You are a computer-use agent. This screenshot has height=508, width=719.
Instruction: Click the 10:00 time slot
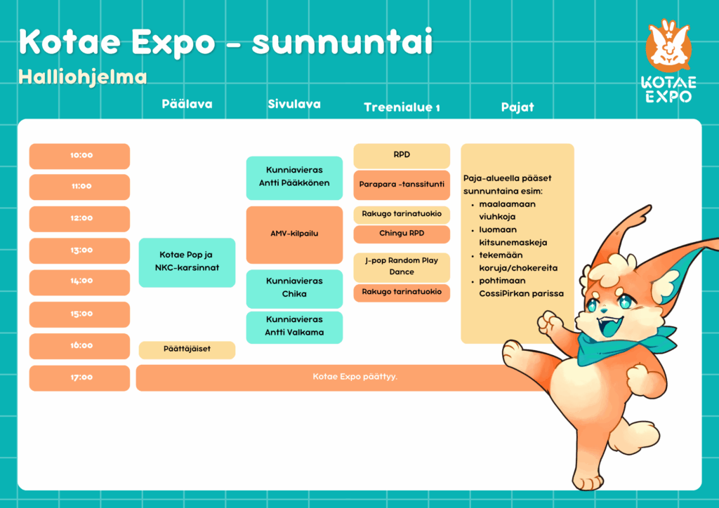(80, 156)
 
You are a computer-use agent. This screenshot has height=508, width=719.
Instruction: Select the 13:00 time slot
(80, 250)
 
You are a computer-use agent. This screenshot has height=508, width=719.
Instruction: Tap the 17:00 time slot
(80, 378)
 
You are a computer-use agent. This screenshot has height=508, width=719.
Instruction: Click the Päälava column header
(187, 105)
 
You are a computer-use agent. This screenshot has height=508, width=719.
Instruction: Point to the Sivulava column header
(294, 105)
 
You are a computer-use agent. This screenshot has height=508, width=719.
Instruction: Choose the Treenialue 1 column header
(402, 107)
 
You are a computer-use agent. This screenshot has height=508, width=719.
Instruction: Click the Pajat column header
(517, 107)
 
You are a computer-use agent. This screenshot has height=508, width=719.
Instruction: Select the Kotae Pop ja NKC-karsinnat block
(187, 262)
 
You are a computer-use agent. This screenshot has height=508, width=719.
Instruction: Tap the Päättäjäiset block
(187, 350)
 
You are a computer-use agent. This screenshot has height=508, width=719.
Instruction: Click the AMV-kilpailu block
(294, 235)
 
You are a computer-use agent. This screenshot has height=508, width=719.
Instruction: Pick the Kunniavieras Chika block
(294, 288)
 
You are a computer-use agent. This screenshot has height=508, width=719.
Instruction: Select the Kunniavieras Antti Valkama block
(294, 327)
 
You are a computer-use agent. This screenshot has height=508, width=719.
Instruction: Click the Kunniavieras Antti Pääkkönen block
(294, 178)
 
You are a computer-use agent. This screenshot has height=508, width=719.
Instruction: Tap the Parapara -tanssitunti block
(402, 185)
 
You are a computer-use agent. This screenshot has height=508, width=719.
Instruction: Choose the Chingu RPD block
(402, 234)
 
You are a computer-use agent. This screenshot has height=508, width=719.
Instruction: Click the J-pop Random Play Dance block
(402, 267)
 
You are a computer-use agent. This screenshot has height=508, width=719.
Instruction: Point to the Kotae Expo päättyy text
(355, 377)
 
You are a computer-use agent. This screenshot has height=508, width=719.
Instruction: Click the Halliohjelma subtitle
(83, 77)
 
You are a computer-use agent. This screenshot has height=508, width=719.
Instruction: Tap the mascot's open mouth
(610, 326)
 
